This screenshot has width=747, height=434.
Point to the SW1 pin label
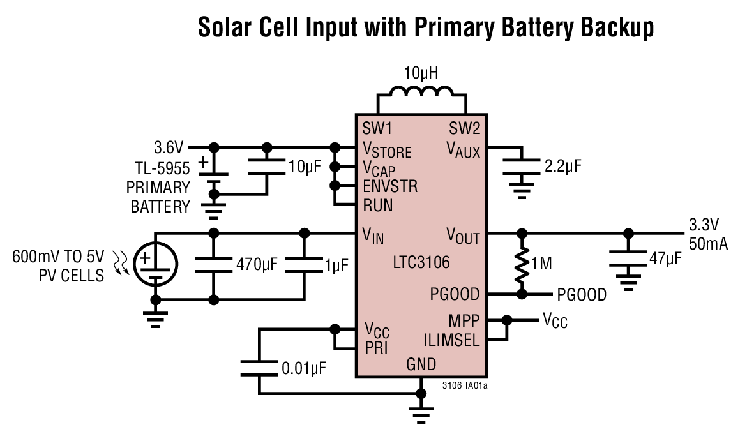pos(377,128)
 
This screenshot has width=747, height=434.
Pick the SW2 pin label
pos(464,128)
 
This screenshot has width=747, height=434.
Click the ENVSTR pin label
pos(390,187)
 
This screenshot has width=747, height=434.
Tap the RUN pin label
pos(377,206)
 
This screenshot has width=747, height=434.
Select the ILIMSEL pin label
pos(451,340)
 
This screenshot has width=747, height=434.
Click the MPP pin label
pos(465,320)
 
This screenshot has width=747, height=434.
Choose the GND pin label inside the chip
pos(421,364)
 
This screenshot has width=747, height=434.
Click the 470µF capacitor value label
pos(257,264)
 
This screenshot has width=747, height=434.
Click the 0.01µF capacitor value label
pos(305,368)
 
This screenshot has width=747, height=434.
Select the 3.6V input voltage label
pos(169,148)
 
